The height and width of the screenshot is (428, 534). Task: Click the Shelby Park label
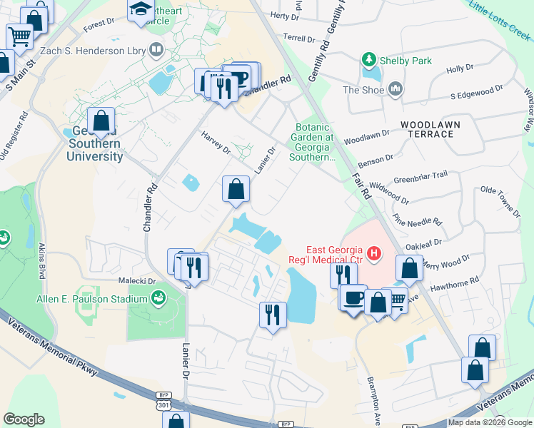tap(406, 61)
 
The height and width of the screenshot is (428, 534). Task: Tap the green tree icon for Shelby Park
tap(369, 60)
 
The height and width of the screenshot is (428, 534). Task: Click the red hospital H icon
tap(373, 253)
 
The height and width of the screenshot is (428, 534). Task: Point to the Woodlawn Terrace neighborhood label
tap(430, 129)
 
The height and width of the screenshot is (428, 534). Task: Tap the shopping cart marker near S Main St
tap(19, 35)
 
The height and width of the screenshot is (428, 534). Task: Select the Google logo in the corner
tap(24, 419)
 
